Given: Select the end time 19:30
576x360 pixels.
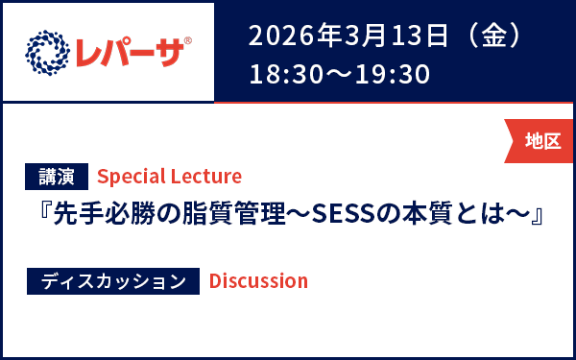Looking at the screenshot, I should point(396,74).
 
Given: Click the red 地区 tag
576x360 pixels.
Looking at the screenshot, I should point(541,141).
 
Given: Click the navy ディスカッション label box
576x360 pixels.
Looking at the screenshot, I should point(113,280).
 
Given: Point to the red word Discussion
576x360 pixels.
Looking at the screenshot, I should point(258,280).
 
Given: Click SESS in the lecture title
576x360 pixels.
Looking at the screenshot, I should point(342,211).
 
